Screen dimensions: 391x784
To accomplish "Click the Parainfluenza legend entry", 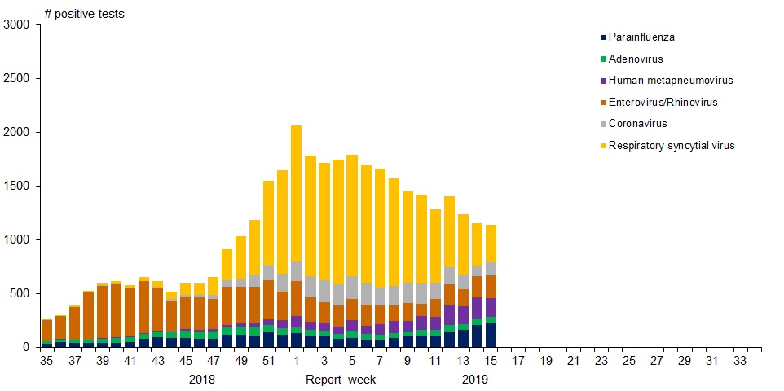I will pyautogui.click(x=641, y=37).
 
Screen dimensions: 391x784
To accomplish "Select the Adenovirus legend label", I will pyautogui.click(x=636, y=59).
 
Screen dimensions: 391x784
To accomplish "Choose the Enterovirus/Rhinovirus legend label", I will pyautogui.click(x=663, y=103).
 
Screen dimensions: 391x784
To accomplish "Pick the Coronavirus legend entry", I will pyautogui.click(x=638, y=124).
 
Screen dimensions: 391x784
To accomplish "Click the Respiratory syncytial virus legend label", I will pyautogui.click(x=672, y=146).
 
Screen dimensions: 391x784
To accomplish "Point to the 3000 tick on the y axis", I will pyautogui.click(x=16, y=25).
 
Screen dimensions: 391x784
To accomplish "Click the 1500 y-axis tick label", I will pyautogui.click(x=16, y=187).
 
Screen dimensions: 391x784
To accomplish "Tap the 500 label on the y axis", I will pyautogui.click(x=20, y=293).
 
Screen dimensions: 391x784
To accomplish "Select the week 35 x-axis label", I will pyautogui.click(x=47, y=361).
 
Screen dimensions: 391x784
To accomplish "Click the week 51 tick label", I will pyautogui.click(x=268, y=361).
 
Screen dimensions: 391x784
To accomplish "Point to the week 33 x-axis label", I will pyautogui.click(x=741, y=361).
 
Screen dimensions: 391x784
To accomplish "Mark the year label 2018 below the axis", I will pyautogui.click(x=202, y=380).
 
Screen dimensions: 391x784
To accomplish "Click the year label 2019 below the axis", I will pyautogui.click(x=475, y=380).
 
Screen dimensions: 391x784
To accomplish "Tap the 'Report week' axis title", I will pyautogui.click(x=337, y=380).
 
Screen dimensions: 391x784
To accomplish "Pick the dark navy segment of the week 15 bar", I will pyautogui.click(x=490, y=335).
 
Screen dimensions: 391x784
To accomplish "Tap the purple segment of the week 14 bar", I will pyautogui.click(x=476, y=308).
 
